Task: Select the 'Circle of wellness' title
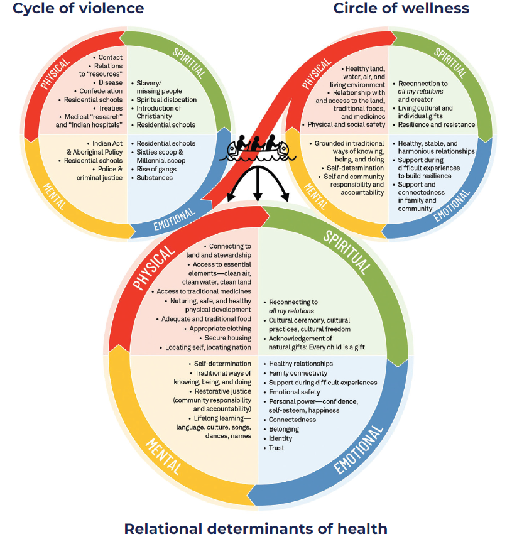(401, 9)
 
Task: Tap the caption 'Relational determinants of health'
(256, 528)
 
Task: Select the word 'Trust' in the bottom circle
(276, 448)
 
